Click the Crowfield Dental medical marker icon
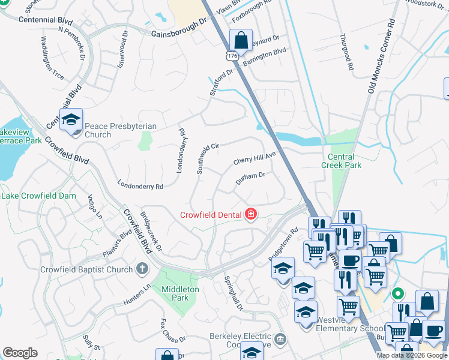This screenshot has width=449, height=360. [251, 214]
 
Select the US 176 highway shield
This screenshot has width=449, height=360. [231, 55]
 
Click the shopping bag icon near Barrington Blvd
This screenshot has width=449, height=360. [241, 41]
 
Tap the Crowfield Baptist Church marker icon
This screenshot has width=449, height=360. [142, 269]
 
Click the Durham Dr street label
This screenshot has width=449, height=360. [250, 178]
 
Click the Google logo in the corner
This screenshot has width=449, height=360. [20, 353]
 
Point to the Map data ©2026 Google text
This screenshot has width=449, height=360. [412, 355]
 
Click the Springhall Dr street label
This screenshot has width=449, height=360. [233, 293]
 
